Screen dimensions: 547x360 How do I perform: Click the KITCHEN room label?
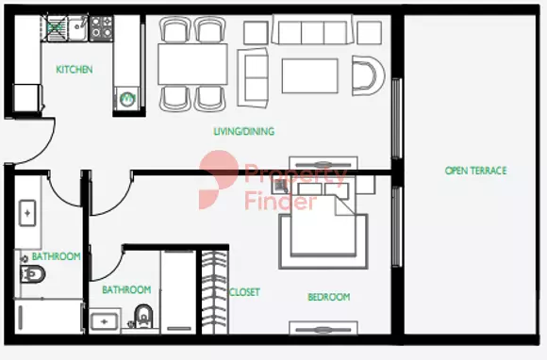pos(75,70)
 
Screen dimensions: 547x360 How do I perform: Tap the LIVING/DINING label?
pos(244,131)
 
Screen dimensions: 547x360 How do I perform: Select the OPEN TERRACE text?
pos(476,171)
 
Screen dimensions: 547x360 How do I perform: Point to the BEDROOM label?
pos(328,297)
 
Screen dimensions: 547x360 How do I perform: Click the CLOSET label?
pos(244,292)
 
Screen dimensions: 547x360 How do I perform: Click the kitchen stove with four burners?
pos(102,28)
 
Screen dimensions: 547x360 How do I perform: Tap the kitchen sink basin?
pos(77,28)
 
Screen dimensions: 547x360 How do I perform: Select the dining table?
pos(192,64)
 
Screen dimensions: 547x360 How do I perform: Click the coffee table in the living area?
pos(309,76)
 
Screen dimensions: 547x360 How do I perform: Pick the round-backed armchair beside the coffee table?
pos(368,75)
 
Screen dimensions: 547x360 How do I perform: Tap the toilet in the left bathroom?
pos(32,274)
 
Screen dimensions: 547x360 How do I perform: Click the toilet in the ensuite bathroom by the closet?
pos(143,316)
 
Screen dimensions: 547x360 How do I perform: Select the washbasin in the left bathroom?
pos(27,213)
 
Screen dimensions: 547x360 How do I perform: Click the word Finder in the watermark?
pos(280,202)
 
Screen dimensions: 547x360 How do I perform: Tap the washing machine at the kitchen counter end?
pos(127,99)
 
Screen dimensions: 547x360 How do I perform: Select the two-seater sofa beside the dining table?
pos(253,77)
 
